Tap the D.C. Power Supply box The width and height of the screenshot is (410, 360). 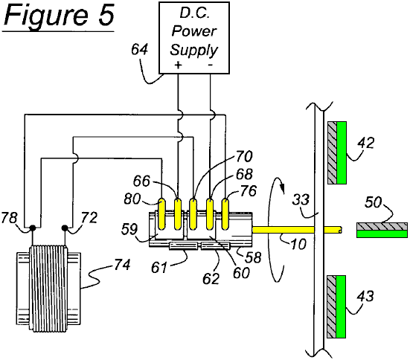pos(194,38)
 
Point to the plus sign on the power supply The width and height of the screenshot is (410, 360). pos(178,65)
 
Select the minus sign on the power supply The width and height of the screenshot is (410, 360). pos(211,65)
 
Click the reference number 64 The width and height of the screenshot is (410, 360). pos(139,49)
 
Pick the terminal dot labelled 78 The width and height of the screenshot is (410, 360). pos(33,228)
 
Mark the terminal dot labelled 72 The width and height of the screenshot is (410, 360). pos(65,228)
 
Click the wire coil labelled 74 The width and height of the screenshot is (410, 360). pos(48,289)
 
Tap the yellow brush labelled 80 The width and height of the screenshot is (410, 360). pos(162,214)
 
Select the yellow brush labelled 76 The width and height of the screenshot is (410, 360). pos(225,214)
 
